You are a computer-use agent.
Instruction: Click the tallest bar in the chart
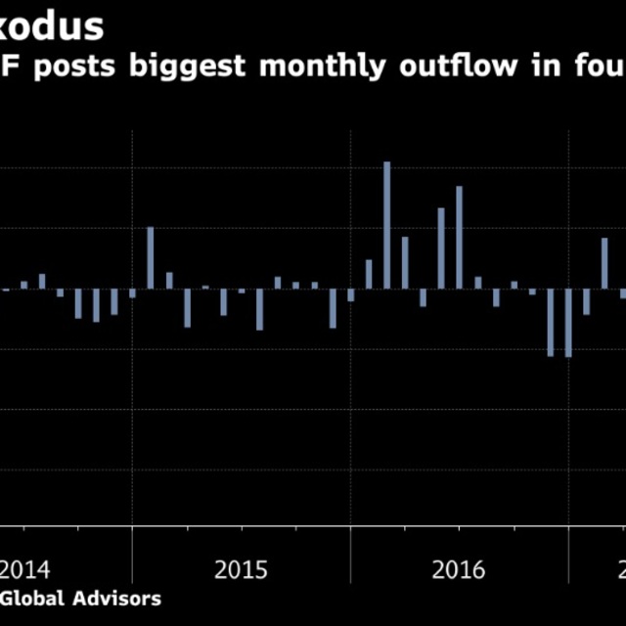coord(387,225)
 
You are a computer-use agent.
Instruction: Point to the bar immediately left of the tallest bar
coord(369,274)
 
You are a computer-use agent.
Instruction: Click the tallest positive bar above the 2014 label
coord(42,281)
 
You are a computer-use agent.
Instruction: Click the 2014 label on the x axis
coord(24,570)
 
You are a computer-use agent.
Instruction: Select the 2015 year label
coord(241,570)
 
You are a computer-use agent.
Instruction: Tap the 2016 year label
coord(459,570)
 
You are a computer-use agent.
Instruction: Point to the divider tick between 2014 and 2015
coord(132,548)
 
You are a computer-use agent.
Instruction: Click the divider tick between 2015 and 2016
coord(350,548)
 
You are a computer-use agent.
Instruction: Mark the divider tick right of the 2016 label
coord(568,548)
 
